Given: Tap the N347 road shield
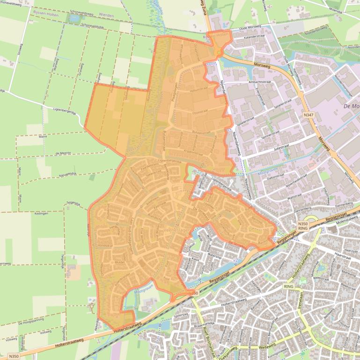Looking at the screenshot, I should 308,115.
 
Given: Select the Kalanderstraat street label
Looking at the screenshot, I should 255,36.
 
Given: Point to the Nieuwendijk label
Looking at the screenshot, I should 67,174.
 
